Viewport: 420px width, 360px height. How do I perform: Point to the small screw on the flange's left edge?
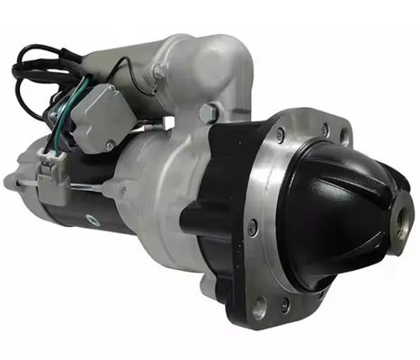(253, 225)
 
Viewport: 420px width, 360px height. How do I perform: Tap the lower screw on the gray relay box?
(110, 145)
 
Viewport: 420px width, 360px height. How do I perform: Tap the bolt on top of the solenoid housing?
(159, 72)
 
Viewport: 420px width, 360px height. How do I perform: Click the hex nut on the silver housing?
(209, 112)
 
